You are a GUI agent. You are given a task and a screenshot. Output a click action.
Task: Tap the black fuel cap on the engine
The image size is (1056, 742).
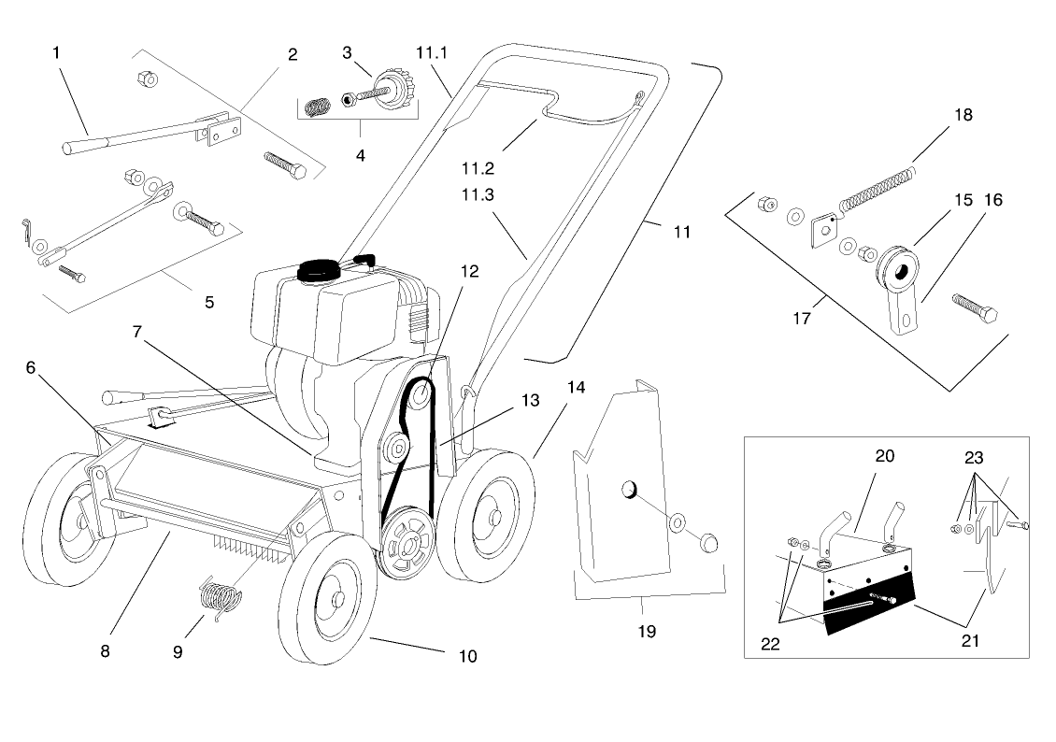(x=320, y=268)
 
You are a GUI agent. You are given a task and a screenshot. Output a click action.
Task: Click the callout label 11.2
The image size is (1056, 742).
(x=478, y=168)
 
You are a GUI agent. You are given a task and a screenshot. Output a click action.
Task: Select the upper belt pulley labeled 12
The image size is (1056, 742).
(x=420, y=396)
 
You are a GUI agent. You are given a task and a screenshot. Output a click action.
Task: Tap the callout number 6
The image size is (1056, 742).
(x=31, y=367)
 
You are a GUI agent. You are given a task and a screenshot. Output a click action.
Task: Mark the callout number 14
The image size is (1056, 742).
(x=577, y=387)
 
